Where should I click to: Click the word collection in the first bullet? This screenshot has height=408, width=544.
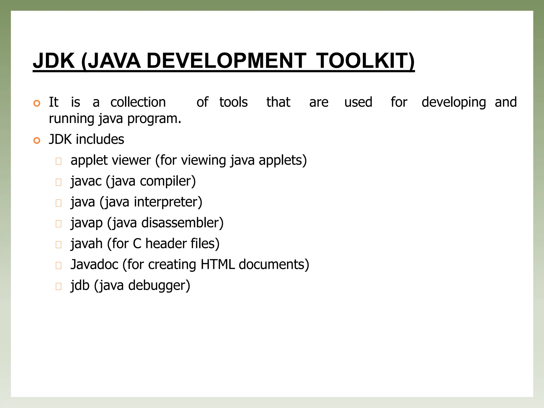coord(138,102)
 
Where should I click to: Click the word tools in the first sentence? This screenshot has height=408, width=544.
coord(233,102)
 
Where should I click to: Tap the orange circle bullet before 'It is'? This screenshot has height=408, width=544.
coord(37,103)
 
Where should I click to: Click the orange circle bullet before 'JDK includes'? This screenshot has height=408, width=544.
coord(37,140)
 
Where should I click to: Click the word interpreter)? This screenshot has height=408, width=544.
coord(168,202)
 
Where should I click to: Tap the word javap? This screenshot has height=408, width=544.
coord(87,223)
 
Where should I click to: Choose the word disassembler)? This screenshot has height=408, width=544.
coord(182,223)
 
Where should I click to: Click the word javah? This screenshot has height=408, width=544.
coord(87,244)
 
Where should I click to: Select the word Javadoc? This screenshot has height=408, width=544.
coord(94,265)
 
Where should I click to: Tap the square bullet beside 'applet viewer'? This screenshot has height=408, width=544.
coord(58,161)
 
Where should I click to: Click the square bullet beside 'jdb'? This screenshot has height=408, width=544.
coord(58,286)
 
